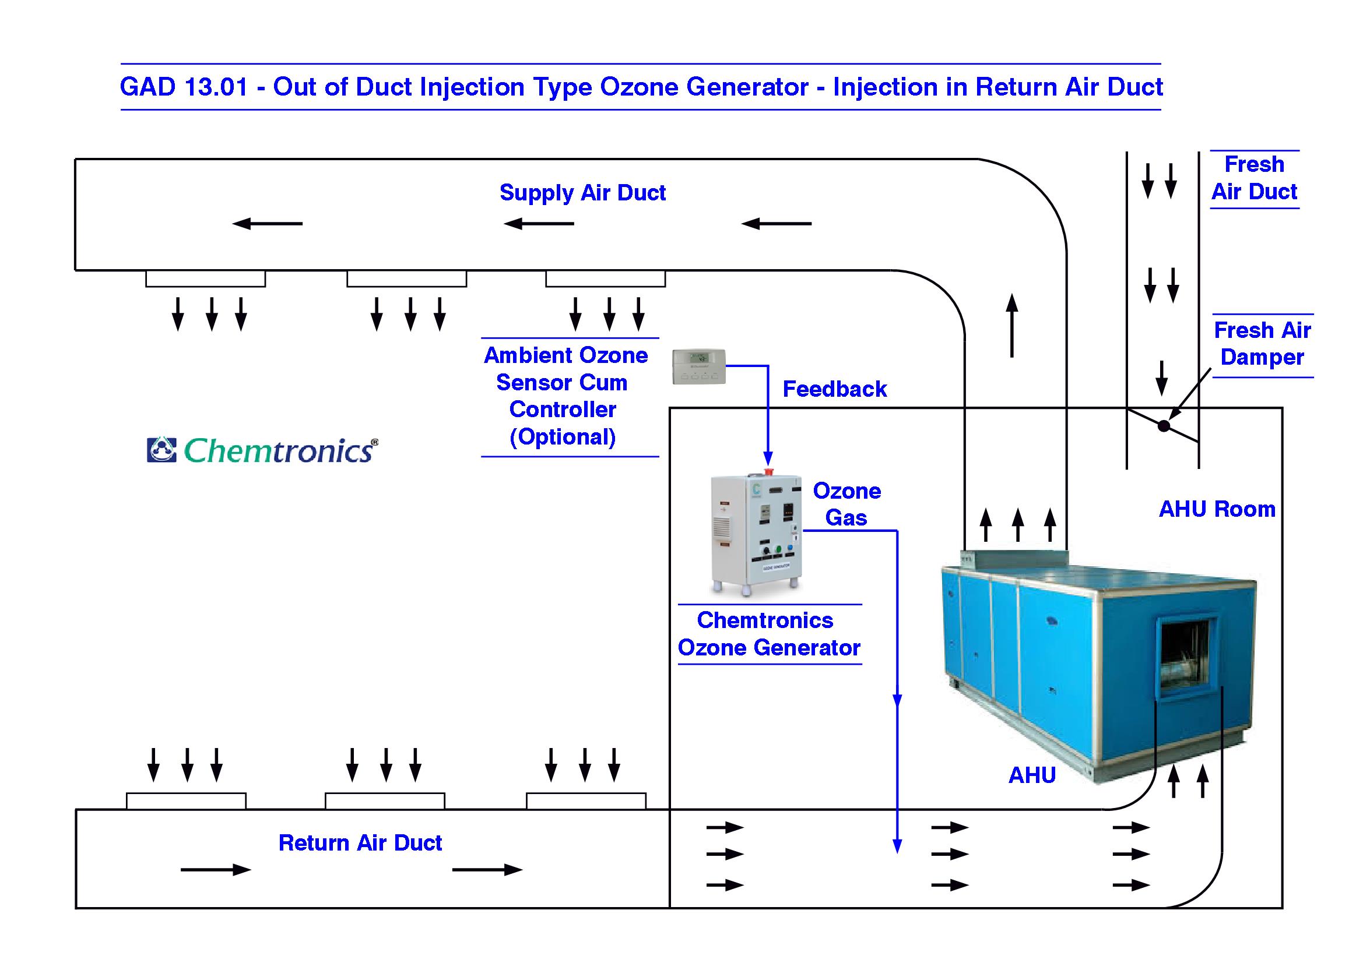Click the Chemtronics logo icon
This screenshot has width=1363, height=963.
(x=161, y=450)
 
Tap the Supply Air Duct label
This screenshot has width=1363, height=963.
(x=582, y=193)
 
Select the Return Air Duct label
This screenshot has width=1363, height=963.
(x=360, y=842)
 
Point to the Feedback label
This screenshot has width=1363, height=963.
(x=834, y=389)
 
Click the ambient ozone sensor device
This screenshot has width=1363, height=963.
(x=699, y=366)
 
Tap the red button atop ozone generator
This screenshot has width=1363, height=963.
(x=768, y=472)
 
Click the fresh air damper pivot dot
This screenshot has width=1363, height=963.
(x=1164, y=425)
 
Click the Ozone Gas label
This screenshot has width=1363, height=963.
(x=846, y=505)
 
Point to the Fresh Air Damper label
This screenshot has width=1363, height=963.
(x=1262, y=344)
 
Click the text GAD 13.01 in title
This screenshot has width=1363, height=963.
(x=184, y=87)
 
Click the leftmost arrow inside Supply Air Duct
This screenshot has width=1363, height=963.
(x=267, y=224)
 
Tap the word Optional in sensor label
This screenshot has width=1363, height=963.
(x=563, y=438)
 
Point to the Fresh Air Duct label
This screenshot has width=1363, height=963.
(x=1254, y=178)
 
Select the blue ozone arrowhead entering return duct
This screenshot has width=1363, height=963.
(x=897, y=845)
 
